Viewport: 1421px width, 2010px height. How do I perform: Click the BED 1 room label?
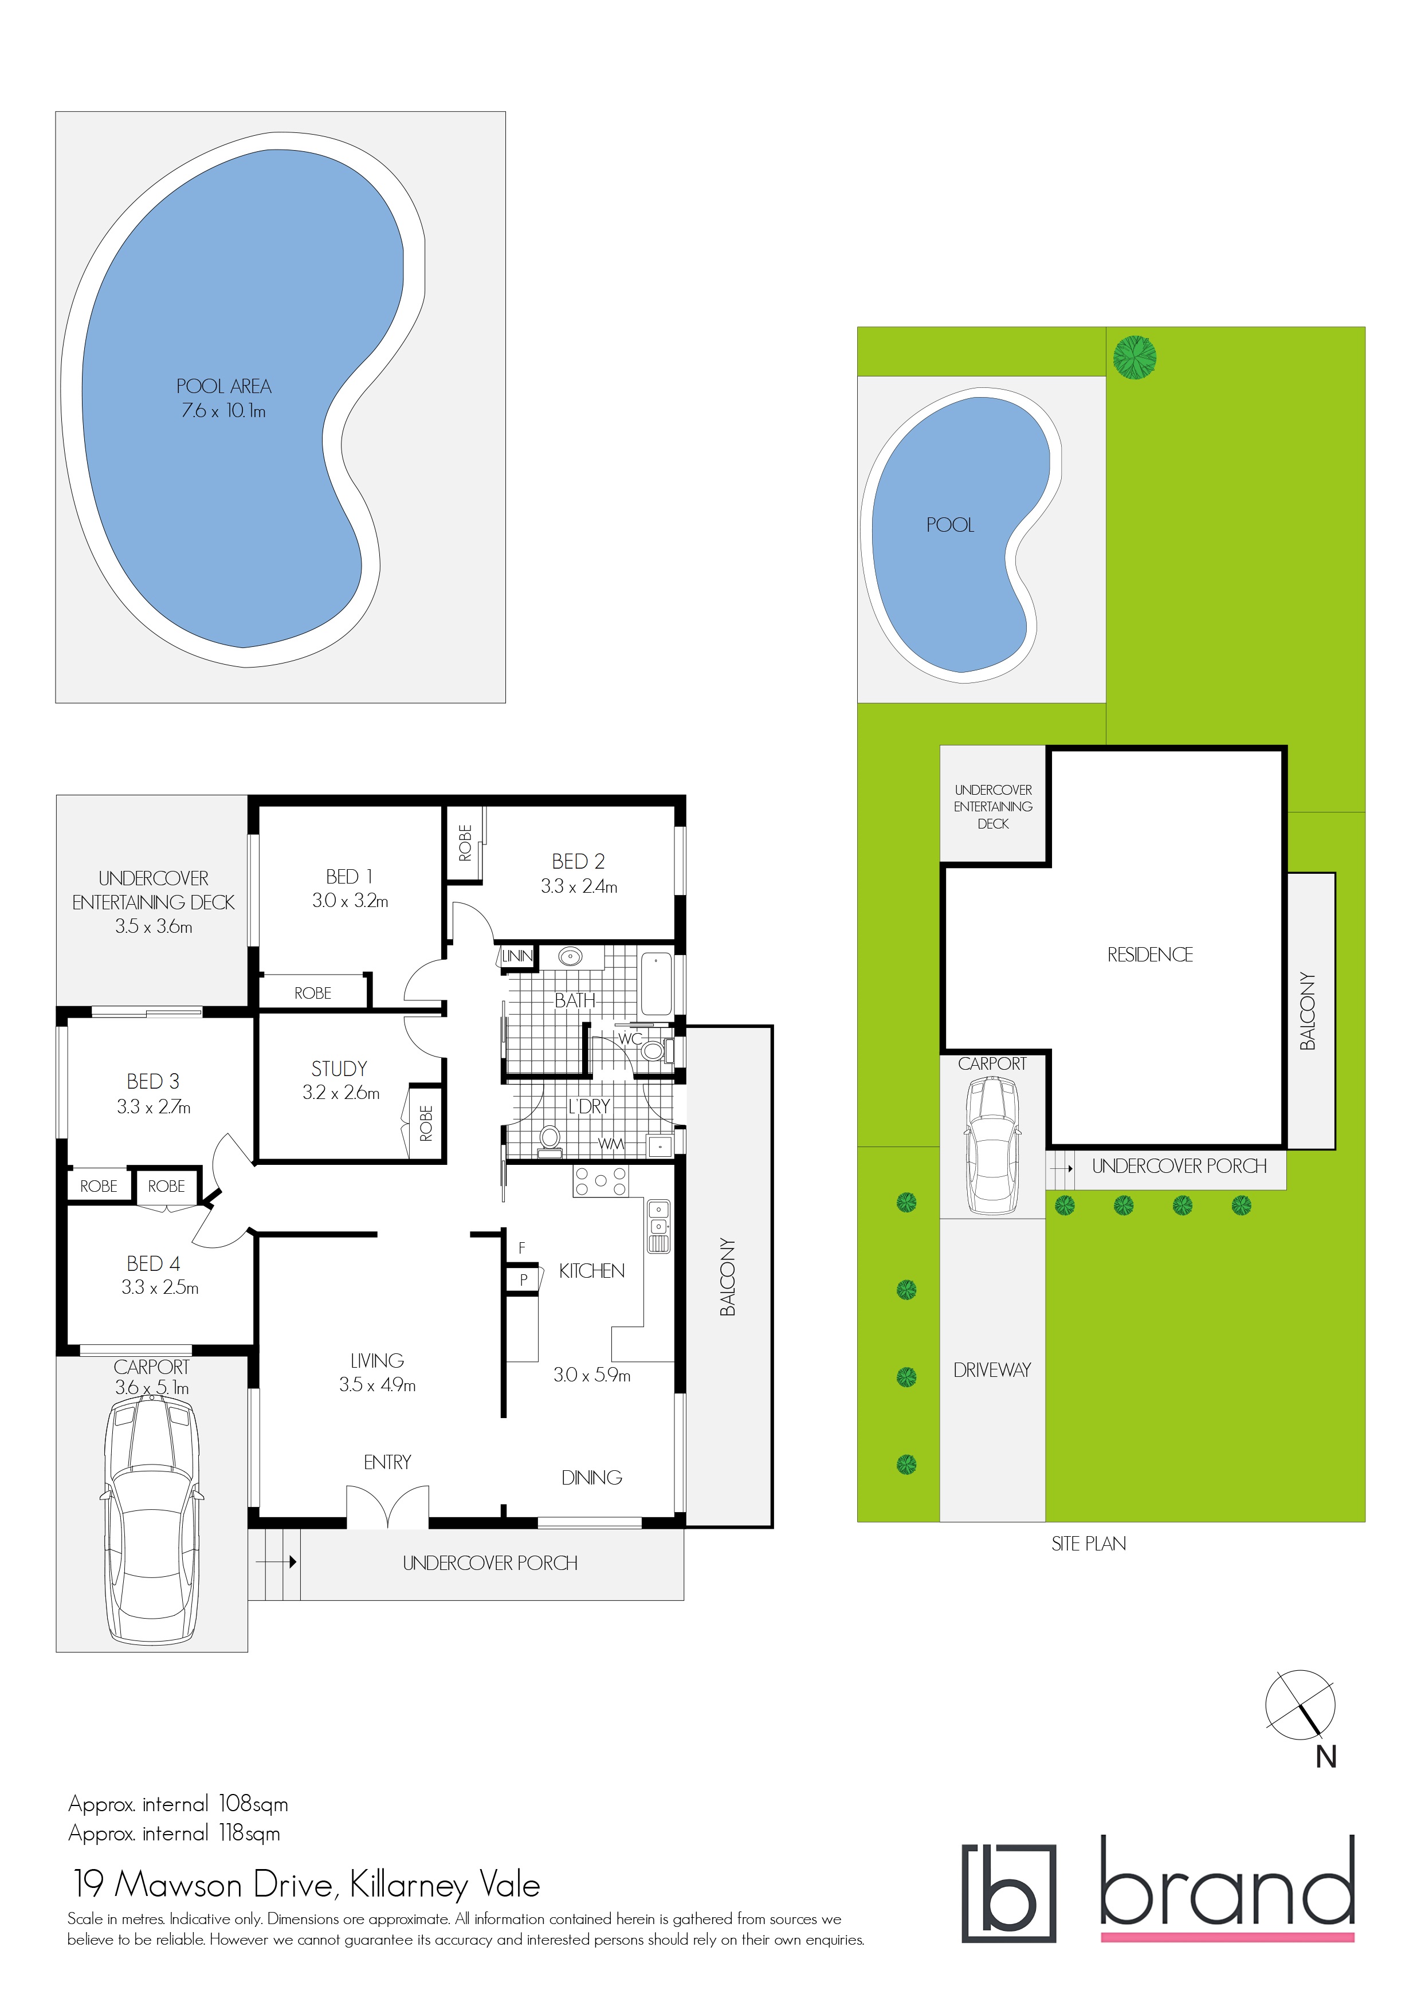click(x=350, y=876)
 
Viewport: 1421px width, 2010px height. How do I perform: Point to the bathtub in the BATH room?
click(x=657, y=984)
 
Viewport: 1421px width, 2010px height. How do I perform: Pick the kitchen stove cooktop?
click(x=600, y=1181)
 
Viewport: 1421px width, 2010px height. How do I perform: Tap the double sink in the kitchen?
click(x=658, y=1226)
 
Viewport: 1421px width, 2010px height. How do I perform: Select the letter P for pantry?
click(x=524, y=1280)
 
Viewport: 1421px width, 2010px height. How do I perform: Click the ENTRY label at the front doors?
click(x=387, y=1462)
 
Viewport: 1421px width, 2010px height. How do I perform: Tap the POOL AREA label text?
click(x=223, y=386)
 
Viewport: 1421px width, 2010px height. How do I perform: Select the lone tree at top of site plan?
click(x=1134, y=357)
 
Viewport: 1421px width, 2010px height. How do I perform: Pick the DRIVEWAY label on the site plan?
click(x=992, y=1370)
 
